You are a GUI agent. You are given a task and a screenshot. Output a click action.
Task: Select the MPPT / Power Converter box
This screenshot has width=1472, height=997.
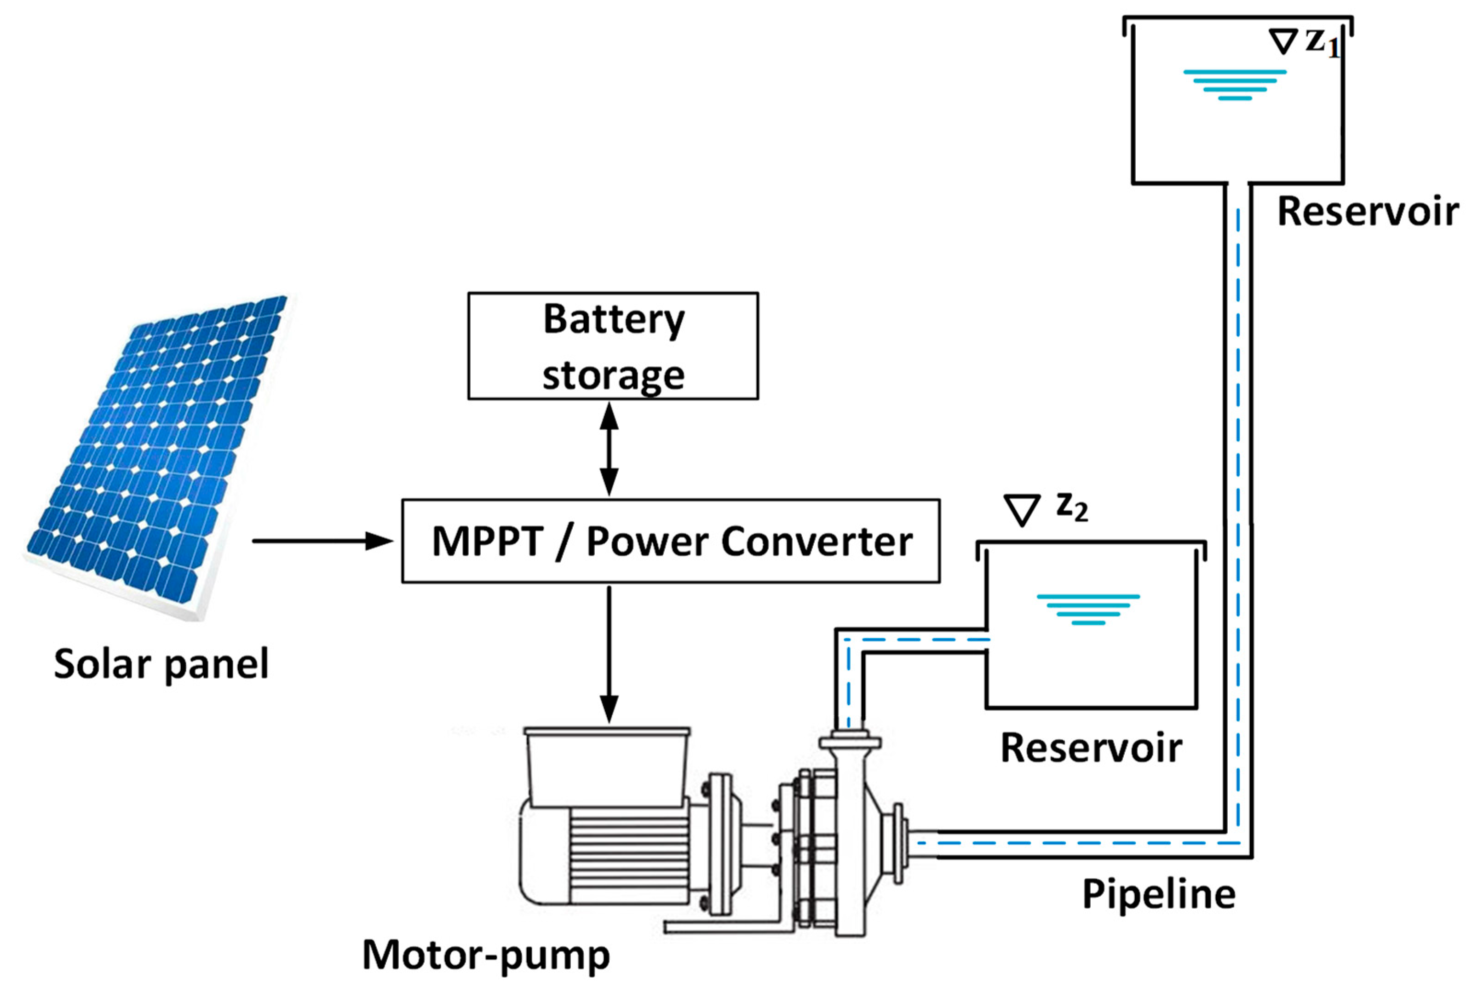click(670, 541)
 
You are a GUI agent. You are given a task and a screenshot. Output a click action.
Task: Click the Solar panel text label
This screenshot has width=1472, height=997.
click(161, 664)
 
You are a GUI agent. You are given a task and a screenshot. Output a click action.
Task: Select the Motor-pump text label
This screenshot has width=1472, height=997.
click(485, 955)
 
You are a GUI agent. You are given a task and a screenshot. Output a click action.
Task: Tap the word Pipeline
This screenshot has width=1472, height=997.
click(1158, 894)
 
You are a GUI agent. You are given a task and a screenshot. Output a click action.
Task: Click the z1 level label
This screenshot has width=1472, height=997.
click(1322, 43)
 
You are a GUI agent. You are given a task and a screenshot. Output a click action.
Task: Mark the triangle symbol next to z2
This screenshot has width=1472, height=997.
click(1022, 510)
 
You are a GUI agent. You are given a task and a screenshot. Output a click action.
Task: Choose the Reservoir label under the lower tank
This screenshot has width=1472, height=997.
click(1091, 748)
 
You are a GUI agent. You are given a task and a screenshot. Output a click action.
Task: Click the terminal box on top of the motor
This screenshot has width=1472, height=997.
click(607, 766)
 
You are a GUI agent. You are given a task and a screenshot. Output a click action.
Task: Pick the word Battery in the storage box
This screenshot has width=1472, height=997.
click(613, 319)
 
